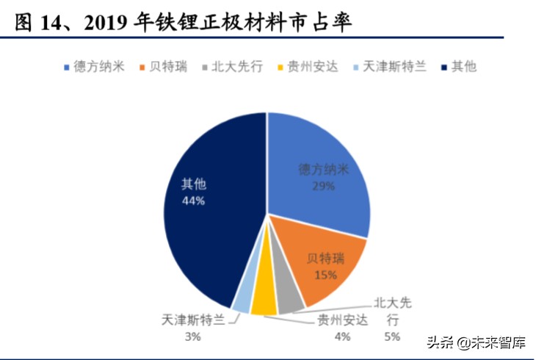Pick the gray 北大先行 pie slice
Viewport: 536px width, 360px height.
point(289,297)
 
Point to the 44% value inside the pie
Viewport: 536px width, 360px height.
point(192,201)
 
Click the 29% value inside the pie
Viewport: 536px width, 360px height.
point(322,186)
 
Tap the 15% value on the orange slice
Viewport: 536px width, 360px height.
point(325,275)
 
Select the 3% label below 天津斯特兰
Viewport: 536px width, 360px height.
point(193,336)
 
